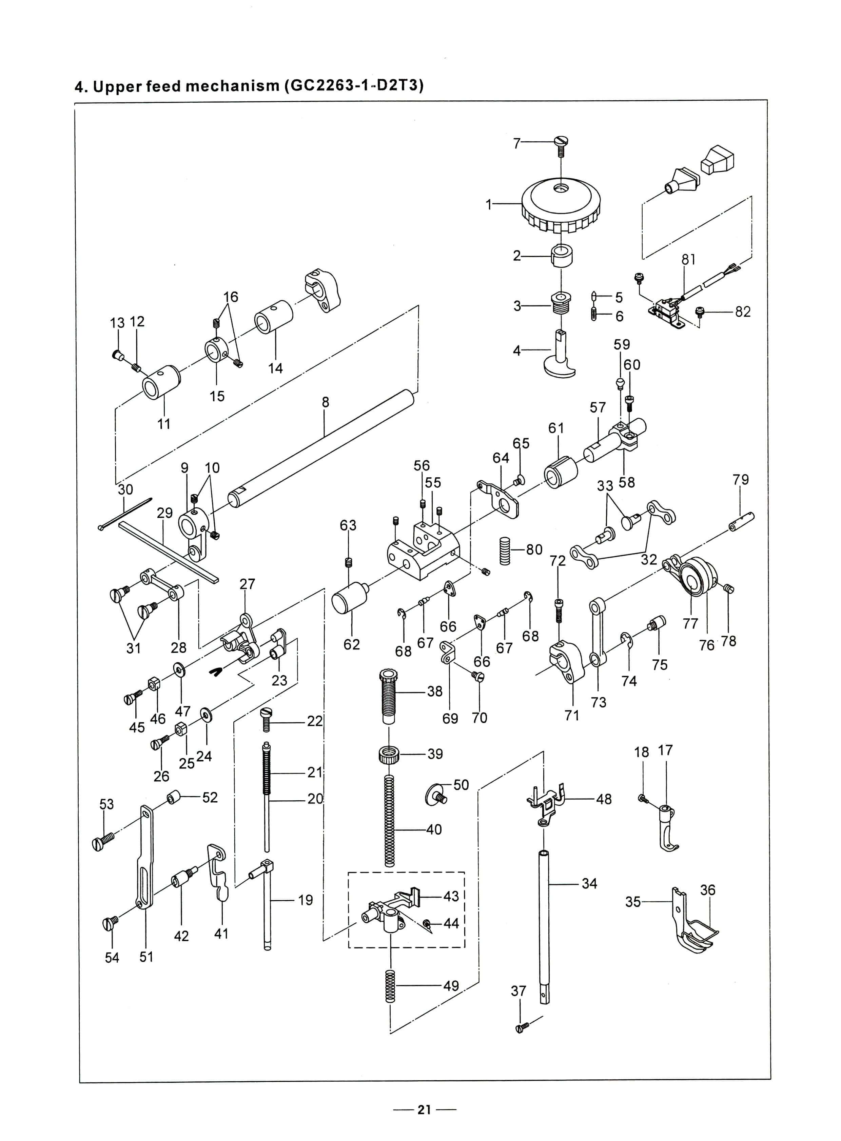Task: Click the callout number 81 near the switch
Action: point(688,260)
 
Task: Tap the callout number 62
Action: point(352,644)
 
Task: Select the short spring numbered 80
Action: point(505,551)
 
